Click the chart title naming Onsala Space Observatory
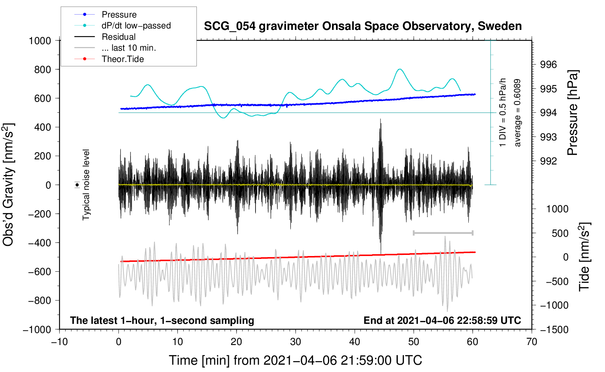pos(363,26)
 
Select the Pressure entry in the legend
pos(119,14)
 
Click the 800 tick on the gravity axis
pos(42,70)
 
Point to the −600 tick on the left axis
pos(39,271)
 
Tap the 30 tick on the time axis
pos(296,342)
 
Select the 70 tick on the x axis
pos(531,342)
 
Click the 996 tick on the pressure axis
pos(548,65)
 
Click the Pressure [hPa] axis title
pos(573,113)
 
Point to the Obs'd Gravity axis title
pos(8,185)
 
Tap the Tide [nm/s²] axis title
pos(585,257)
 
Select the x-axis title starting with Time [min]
pos(296,360)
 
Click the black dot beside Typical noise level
pos(77,185)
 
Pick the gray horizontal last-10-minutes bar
pos(443,233)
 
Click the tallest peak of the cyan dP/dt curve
pos(400,69)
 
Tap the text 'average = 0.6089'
pos(517,113)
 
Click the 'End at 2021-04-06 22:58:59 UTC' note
pos(442,320)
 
